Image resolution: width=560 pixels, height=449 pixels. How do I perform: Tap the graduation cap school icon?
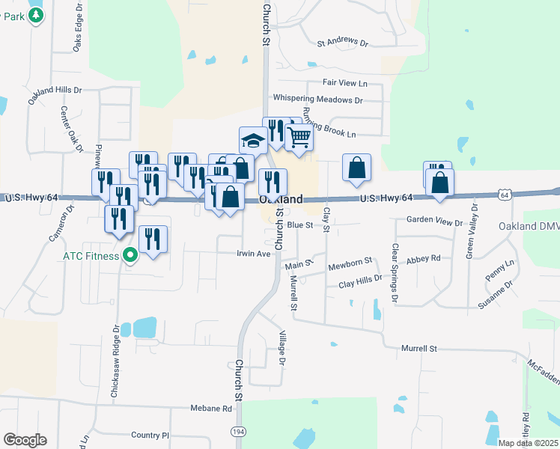[253, 140]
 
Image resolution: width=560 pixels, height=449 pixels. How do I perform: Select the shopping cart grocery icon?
[299, 138]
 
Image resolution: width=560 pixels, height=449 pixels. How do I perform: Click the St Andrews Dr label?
[343, 43]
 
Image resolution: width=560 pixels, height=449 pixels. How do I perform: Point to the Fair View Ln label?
[345, 82]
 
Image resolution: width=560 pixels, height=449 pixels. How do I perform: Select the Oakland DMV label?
[529, 226]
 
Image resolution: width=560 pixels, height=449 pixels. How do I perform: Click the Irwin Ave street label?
[253, 254]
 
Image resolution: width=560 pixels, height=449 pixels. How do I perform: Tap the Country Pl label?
[150, 435]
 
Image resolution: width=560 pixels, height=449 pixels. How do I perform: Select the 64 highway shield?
[505, 195]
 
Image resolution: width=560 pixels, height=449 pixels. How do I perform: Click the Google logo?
[25, 440]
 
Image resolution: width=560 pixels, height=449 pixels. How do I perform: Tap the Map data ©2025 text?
[528, 443]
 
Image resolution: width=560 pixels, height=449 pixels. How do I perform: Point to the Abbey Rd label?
[424, 259]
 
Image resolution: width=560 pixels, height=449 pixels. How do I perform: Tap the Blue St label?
[299, 224]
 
